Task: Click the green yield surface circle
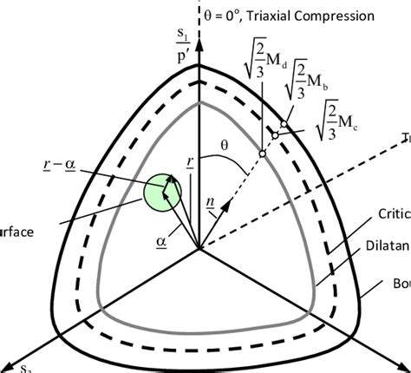(164, 192)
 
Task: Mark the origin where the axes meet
(199, 249)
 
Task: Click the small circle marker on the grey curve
(261, 154)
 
